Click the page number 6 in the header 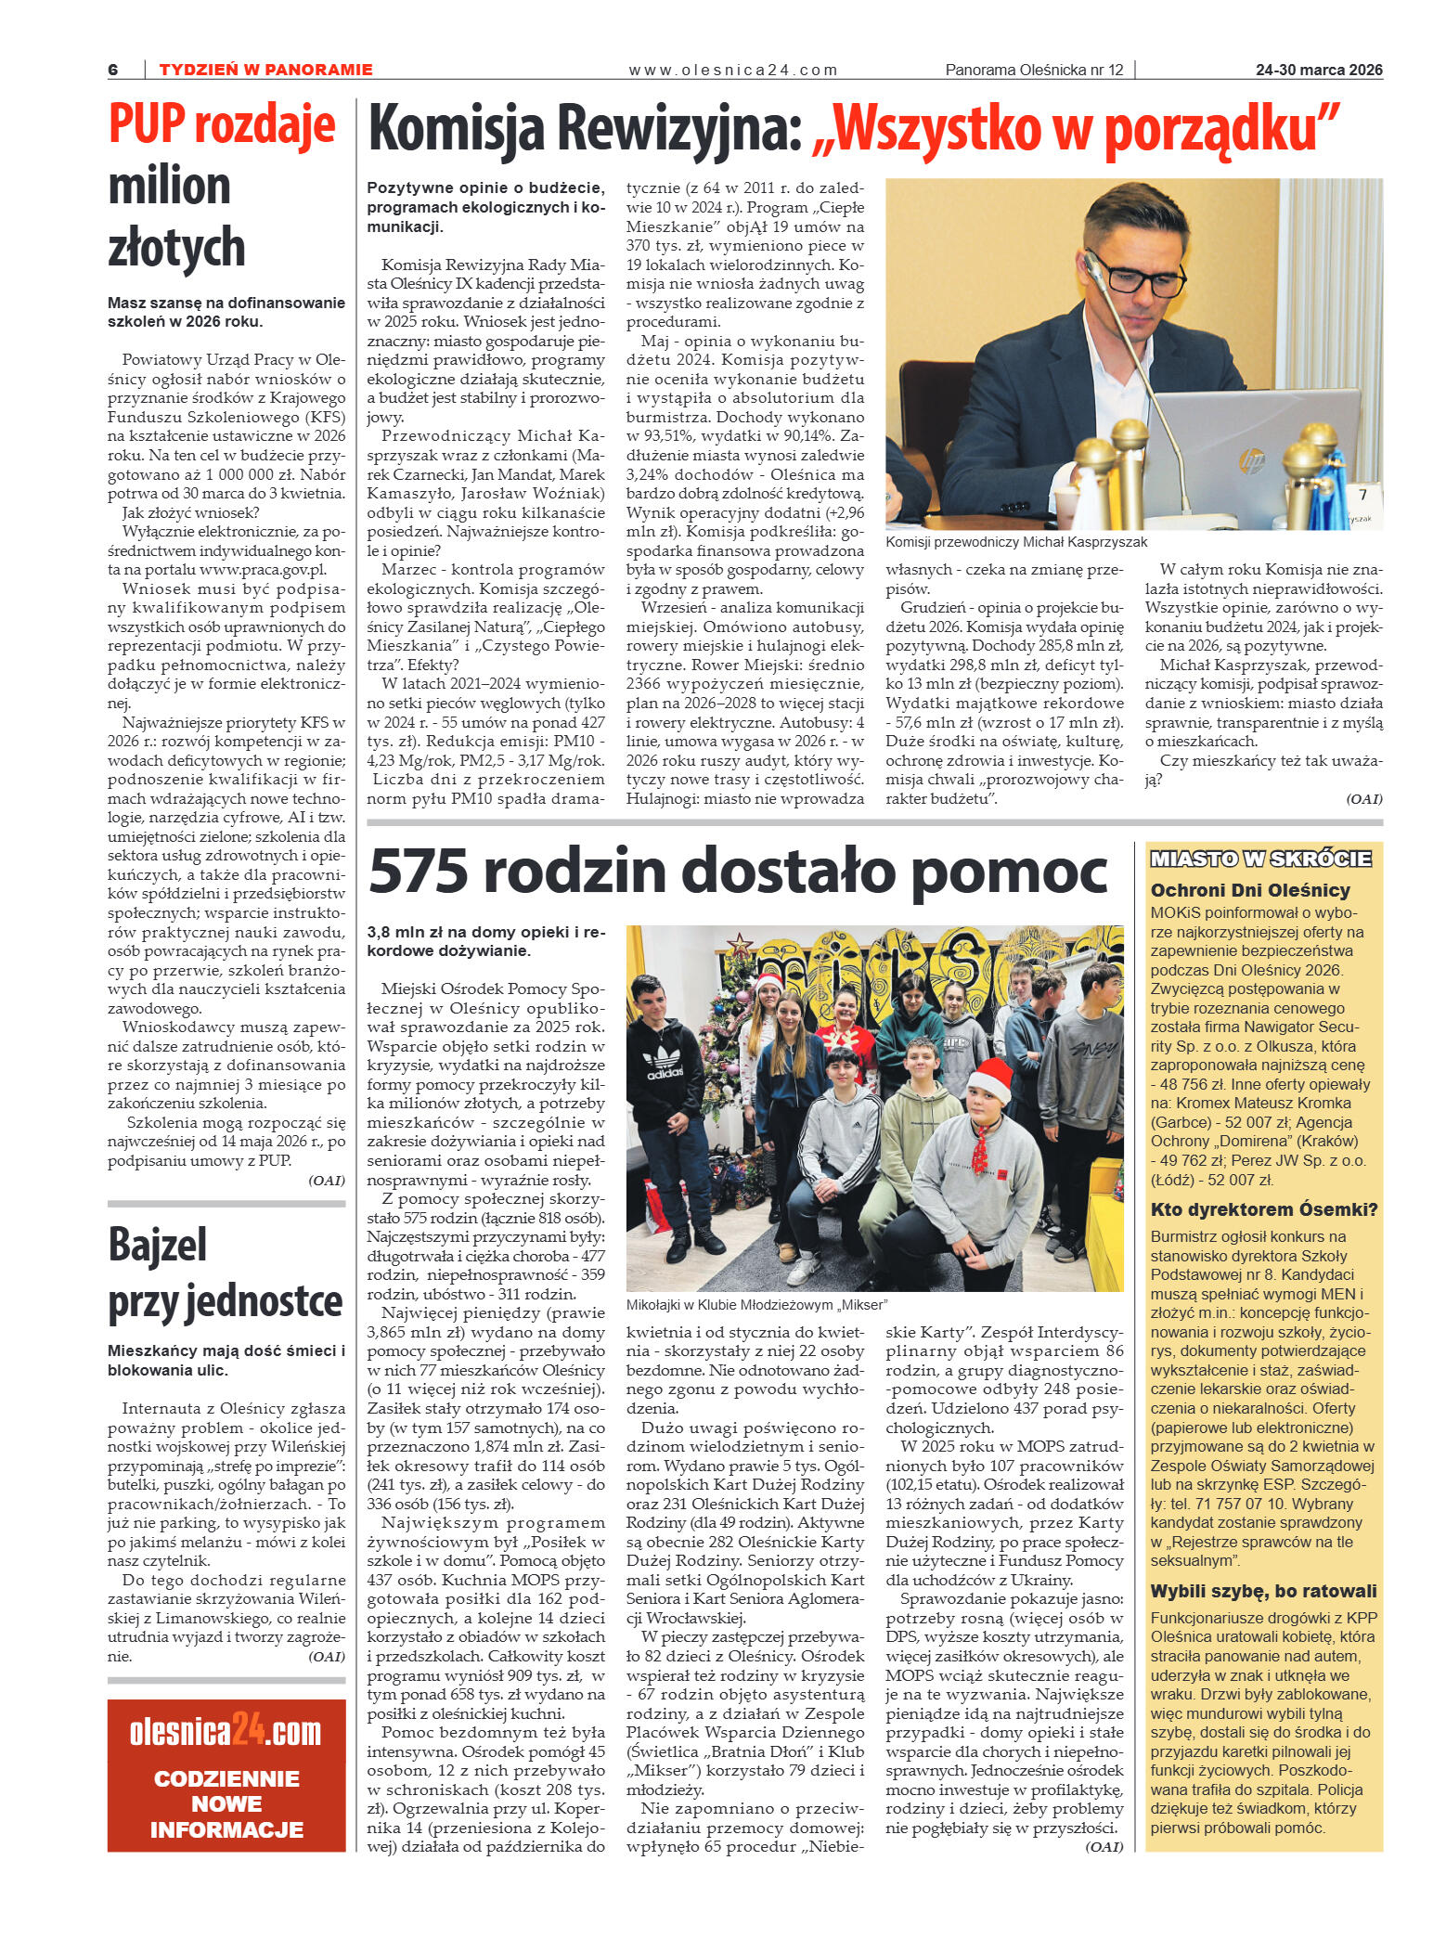click(113, 70)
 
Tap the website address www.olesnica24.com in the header click(732, 70)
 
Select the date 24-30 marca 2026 click(1318, 70)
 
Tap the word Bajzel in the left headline click(158, 1246)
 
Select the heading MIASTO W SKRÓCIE click(1260, 859)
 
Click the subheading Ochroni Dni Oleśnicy click(1249, 890)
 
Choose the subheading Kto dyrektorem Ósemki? click(1263, 1209)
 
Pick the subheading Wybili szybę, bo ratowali click(1263, 1591)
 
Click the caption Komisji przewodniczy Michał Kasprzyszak click(1015, 542)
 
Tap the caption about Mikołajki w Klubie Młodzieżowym click(756, 1304)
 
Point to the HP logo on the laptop click(1252, 459)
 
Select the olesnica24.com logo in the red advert click(226, 1732)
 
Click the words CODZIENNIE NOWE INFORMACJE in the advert click(226, 1804)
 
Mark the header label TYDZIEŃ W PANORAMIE click(265, 70)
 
